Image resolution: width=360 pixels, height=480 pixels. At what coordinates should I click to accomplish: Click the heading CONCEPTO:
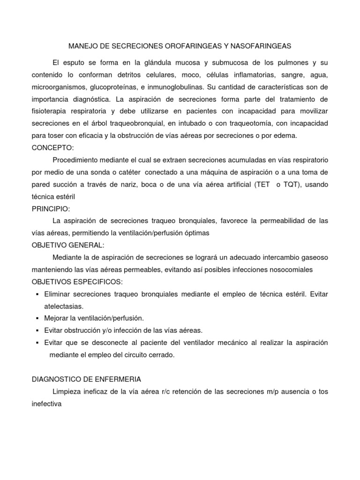[x=52, y=148]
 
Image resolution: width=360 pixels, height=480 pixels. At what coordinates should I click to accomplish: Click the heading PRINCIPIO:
[x=50, y=209]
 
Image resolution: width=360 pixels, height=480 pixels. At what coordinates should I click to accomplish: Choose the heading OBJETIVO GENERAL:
[x=68, y=245]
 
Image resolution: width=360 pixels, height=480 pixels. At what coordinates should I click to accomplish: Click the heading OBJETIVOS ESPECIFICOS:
[x=77, y=282]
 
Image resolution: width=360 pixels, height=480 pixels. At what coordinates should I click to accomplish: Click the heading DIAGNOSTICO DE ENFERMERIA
[x=86, y=379]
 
